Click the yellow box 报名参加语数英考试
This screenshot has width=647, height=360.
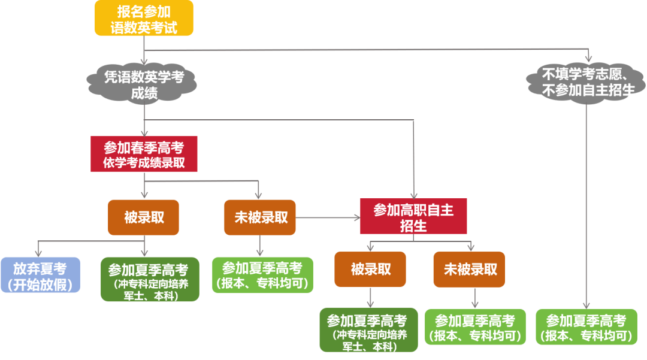click(x=144, y=18)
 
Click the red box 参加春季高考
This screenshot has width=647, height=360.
click(x=144, y=154)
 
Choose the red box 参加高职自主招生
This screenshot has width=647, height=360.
click(x=413, y=216)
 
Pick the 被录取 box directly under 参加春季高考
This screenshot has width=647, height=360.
click(x=144, y=217)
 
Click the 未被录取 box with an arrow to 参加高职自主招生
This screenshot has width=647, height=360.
click(x=260, y=217)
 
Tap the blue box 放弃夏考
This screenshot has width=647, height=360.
click(x=41, y=275)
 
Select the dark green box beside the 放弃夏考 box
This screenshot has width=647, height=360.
click(x=150, y=279)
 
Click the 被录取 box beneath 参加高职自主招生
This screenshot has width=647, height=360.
click(x=370, y=270)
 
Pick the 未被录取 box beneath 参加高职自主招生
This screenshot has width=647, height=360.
click(x=469, y=270)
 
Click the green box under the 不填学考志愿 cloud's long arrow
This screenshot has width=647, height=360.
click(x=586, y=327)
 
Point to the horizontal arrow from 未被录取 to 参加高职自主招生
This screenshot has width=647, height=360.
click(x=328, y=217)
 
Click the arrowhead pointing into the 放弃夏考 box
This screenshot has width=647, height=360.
click(x=38, y=253)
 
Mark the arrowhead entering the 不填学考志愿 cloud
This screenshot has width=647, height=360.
click(x=589, y=59)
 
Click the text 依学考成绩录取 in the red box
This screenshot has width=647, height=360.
click(x=144, y=162)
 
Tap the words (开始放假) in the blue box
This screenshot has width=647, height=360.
click(x=40, y=284)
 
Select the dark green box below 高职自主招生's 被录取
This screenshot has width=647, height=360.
click(x=369, y=330)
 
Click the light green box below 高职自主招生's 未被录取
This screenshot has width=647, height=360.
click(x=475, y=327)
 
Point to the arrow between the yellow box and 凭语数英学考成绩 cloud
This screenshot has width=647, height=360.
click(x=144, y=50)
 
